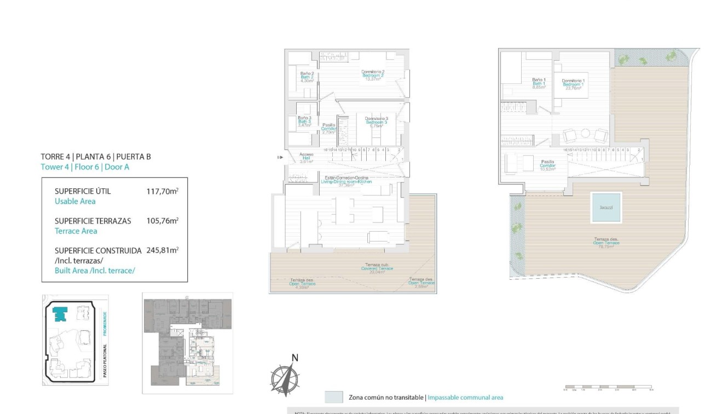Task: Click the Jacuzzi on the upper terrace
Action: [x=607, y=208]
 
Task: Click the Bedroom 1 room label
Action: [x=573, y=84]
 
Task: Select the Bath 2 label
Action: [x=307, y=77]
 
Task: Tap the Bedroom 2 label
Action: [x=373, y=75]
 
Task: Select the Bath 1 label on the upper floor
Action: [x=539, y=83]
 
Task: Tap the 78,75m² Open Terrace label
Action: [x=607, y=243]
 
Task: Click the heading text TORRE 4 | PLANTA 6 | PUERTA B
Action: [x=96, y=157]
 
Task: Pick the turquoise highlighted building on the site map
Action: [x=59, y=314]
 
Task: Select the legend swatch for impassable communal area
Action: [x=333, y=397]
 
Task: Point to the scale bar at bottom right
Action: [x=608, y=388]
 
